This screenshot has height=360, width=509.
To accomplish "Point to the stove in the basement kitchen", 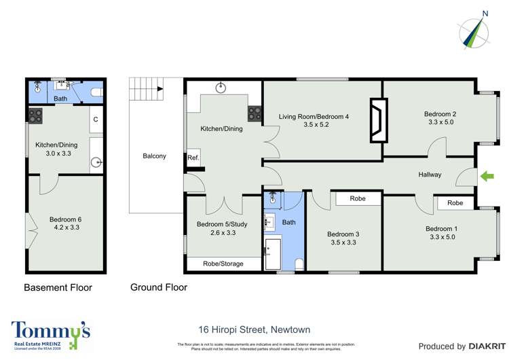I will pos(35,115).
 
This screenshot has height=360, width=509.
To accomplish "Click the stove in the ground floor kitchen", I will pos(255,114).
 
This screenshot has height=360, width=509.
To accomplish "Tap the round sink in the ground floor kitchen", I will pos(221,87).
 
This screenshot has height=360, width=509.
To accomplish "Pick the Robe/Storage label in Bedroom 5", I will pos(223,264).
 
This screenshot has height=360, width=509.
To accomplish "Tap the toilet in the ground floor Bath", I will pos(299,264).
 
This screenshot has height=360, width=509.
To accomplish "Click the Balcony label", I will pos(154,156).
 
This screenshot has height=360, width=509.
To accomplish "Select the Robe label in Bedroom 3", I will pos(358,199).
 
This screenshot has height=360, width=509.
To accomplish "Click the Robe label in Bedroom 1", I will pos(455,202).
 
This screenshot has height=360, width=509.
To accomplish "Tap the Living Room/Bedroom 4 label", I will pos(314,120).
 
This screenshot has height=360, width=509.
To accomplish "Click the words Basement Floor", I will pos(58,287).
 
